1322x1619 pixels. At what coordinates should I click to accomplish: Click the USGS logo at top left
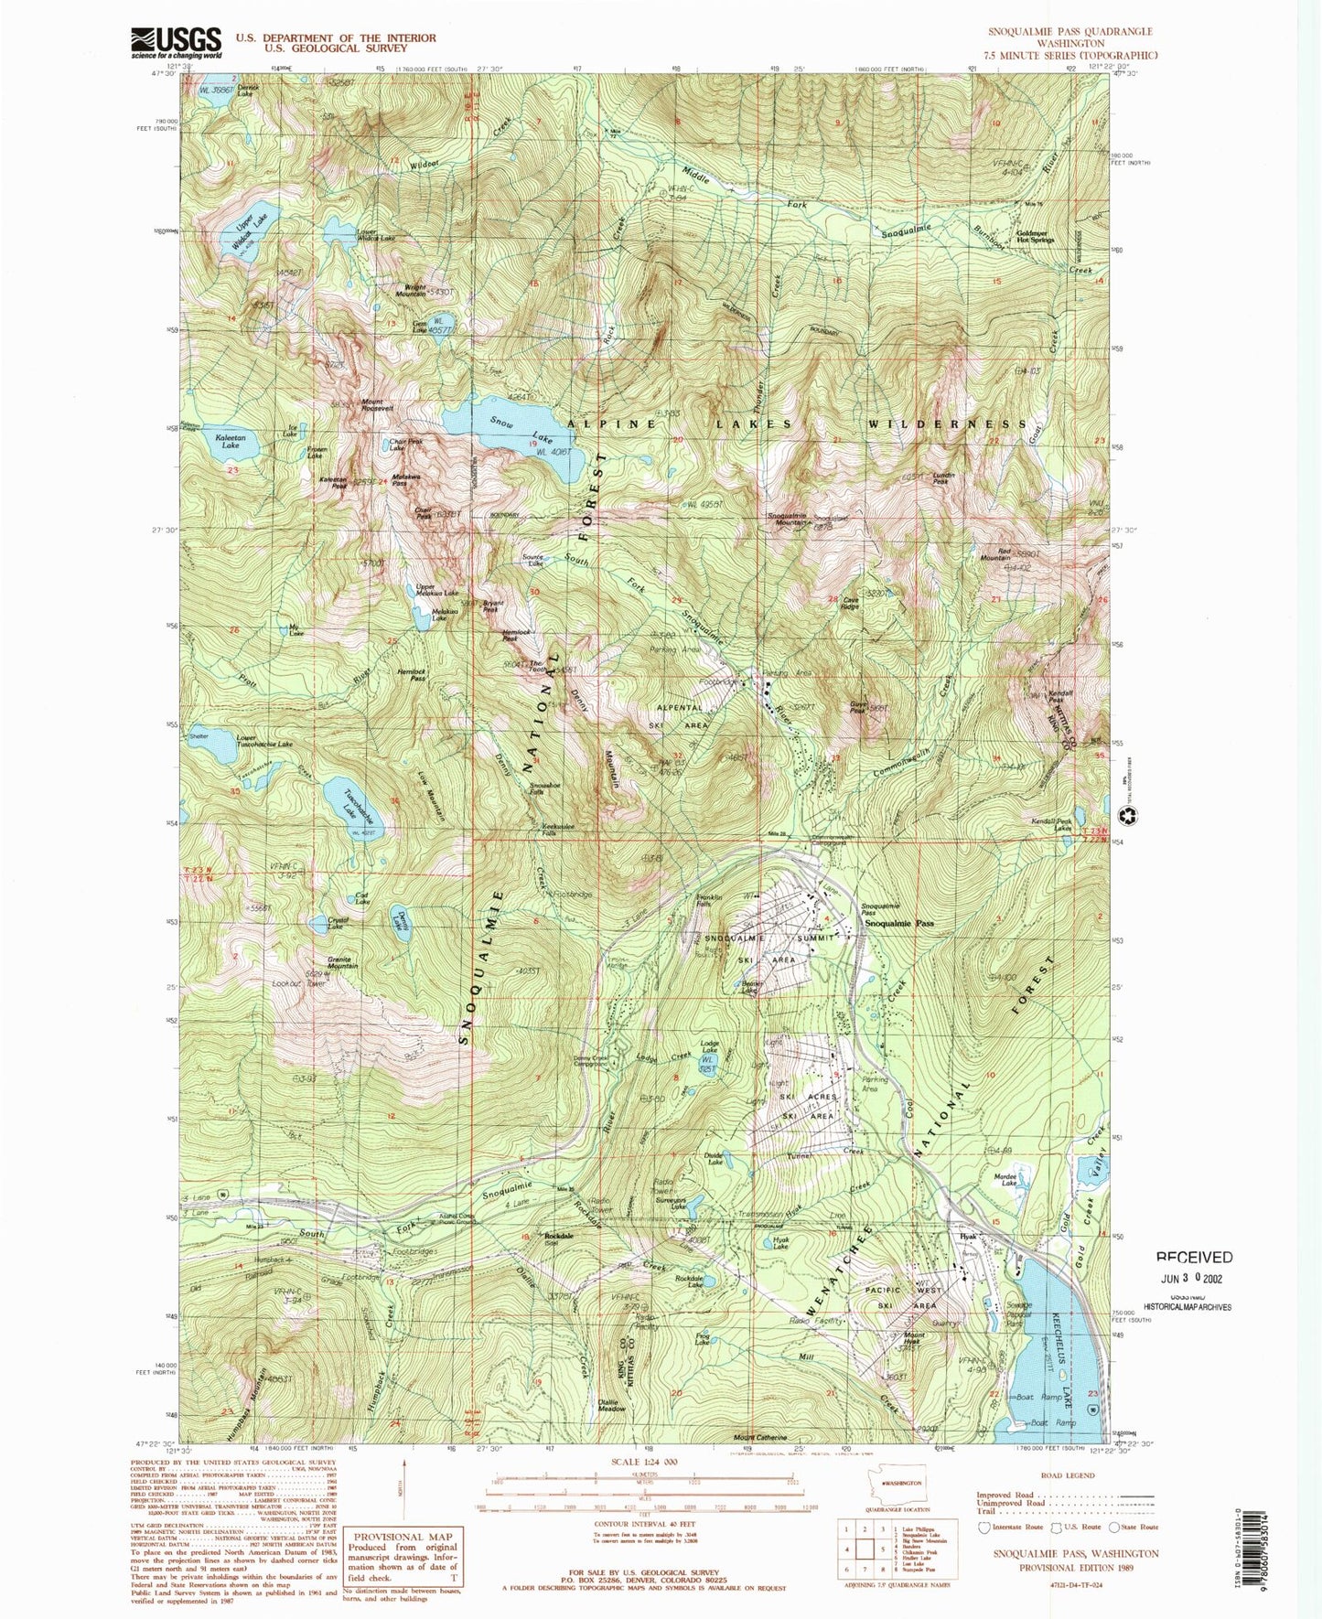point(177,42)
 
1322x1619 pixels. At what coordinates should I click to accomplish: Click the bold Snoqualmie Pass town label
point(899,924)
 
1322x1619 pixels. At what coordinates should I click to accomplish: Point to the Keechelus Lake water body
point(1052,1326)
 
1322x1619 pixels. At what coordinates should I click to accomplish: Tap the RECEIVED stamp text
point(1193,1258)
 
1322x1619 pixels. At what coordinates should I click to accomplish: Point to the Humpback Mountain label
point(247,1406)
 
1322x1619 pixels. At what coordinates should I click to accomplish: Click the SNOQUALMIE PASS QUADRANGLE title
point(1069,31)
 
